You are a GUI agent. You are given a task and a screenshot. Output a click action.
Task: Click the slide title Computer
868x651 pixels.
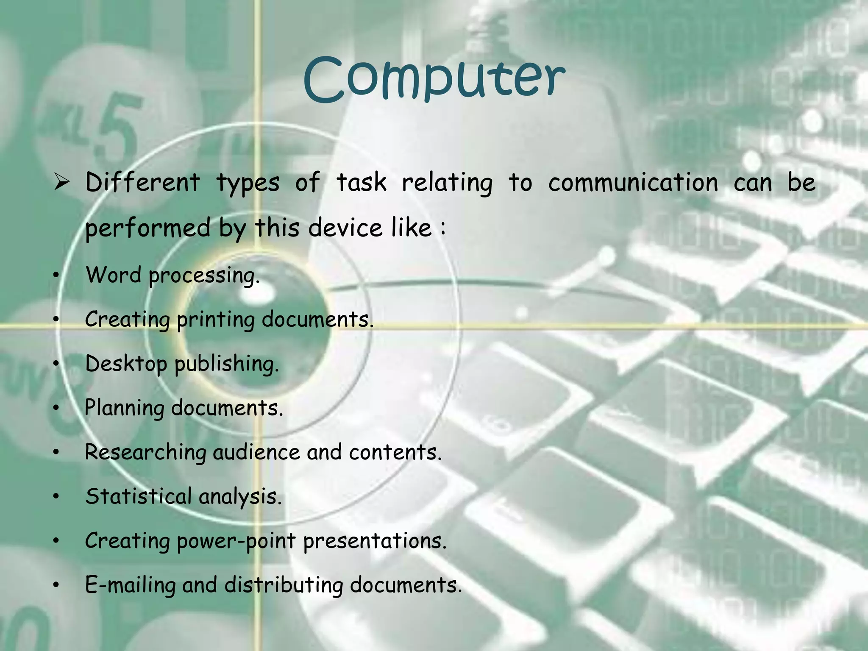[434, 78]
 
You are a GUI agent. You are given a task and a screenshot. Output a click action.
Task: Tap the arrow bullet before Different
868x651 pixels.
[62, 183]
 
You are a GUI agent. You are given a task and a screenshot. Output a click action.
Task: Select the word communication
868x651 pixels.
[633, 183]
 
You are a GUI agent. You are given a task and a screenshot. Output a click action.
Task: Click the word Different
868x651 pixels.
[142, 183]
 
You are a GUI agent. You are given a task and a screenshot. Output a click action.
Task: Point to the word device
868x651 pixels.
[345, 228]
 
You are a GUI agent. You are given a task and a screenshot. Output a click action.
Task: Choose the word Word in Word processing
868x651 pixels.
[113, 275]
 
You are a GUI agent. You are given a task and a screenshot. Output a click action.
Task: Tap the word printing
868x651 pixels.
[215, 320]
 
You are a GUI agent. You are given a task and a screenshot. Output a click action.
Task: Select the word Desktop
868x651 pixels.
[126, 364]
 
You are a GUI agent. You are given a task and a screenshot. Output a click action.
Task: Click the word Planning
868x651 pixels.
[124, 408]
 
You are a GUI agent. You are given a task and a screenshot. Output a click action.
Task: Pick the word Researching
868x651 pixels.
[145, 452]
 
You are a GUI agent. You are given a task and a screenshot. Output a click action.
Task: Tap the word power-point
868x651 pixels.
[236, 541]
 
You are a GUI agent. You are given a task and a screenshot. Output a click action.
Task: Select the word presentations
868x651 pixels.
[375, 541]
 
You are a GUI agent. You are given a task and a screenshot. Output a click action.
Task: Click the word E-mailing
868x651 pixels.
[130, 585]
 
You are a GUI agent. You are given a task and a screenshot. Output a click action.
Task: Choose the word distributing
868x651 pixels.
[284, 585]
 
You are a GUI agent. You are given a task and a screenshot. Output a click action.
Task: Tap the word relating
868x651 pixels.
[447, 183]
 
